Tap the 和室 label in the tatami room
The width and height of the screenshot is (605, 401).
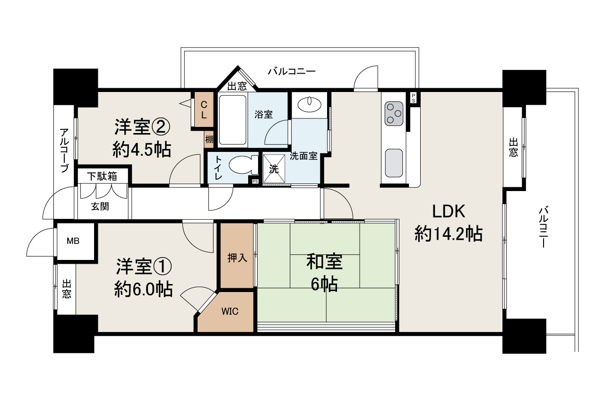click(x=324, y=261)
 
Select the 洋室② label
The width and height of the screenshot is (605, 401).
click(x=141, y=126)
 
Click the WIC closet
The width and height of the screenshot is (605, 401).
click(x=230, y=311)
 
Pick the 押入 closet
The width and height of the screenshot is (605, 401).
click(x=237, y=258)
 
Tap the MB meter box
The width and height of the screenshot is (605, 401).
click(x=73, y=241)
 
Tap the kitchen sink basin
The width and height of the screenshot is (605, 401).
click(x=394, y=163)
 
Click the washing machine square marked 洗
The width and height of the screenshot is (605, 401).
click(x=274, y=168)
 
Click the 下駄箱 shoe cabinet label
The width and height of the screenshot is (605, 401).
click(x=102, y=176)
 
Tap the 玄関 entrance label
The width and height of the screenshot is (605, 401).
click(x=100, y=206)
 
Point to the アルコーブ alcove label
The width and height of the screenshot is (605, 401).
click(x=64, y=150)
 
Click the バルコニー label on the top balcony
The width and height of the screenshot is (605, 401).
click(x=292, y=72)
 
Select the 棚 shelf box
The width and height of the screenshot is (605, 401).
click(x=209, y=140)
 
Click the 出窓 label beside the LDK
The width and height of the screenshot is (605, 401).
click(x=513, y=147)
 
